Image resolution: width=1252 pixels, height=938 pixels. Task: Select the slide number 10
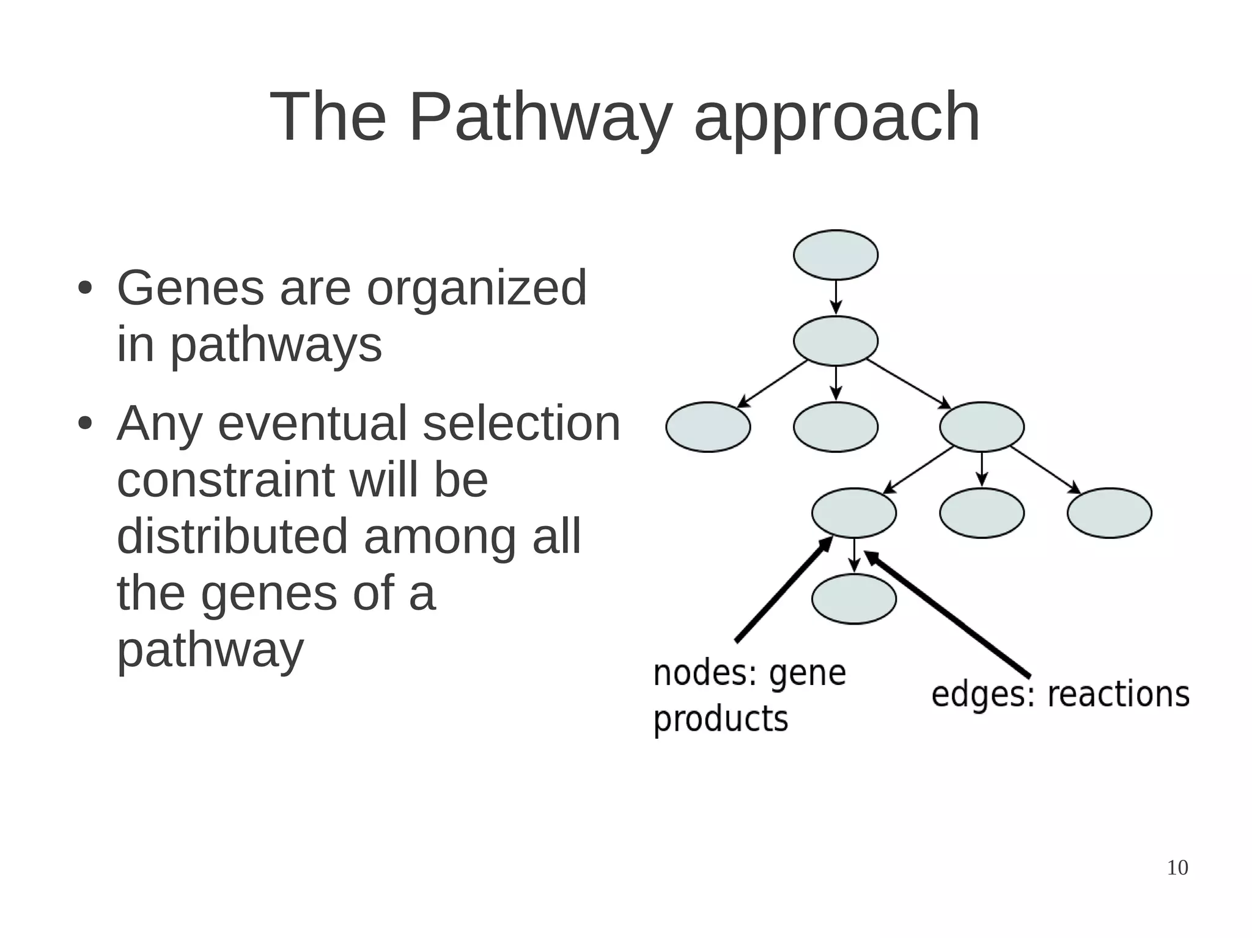[1177, 868]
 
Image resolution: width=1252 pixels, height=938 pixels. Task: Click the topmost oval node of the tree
[835, 255]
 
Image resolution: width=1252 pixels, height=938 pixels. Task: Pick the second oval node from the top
[835, 341]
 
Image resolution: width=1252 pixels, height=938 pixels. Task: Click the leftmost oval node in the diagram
[708, 427]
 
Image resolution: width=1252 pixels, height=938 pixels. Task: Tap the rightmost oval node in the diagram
[1109, 513]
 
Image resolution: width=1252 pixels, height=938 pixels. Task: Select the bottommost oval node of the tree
[853, 599]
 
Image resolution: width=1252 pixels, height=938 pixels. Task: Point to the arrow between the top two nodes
[836, 298]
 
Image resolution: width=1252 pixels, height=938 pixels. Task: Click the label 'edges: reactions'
[1060, 695]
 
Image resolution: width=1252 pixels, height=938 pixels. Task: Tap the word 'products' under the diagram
[720, 719]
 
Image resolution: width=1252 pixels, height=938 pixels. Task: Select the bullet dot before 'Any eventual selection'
[84, 423]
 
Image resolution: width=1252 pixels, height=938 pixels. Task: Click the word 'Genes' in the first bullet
[190, 288]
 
